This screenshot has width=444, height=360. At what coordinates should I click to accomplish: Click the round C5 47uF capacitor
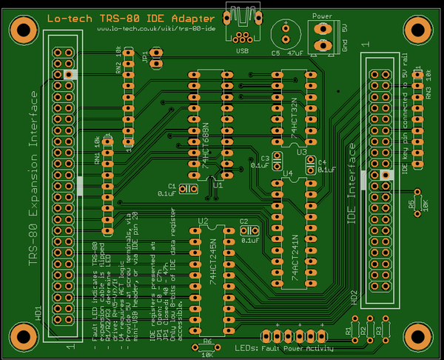click(x=283, y=32)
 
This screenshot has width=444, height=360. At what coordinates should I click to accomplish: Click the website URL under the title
click(x=156, y=28)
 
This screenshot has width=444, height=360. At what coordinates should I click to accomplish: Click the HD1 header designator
click(x=38, y=311)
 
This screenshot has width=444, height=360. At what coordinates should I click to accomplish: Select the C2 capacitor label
click(x=243, y=221)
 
